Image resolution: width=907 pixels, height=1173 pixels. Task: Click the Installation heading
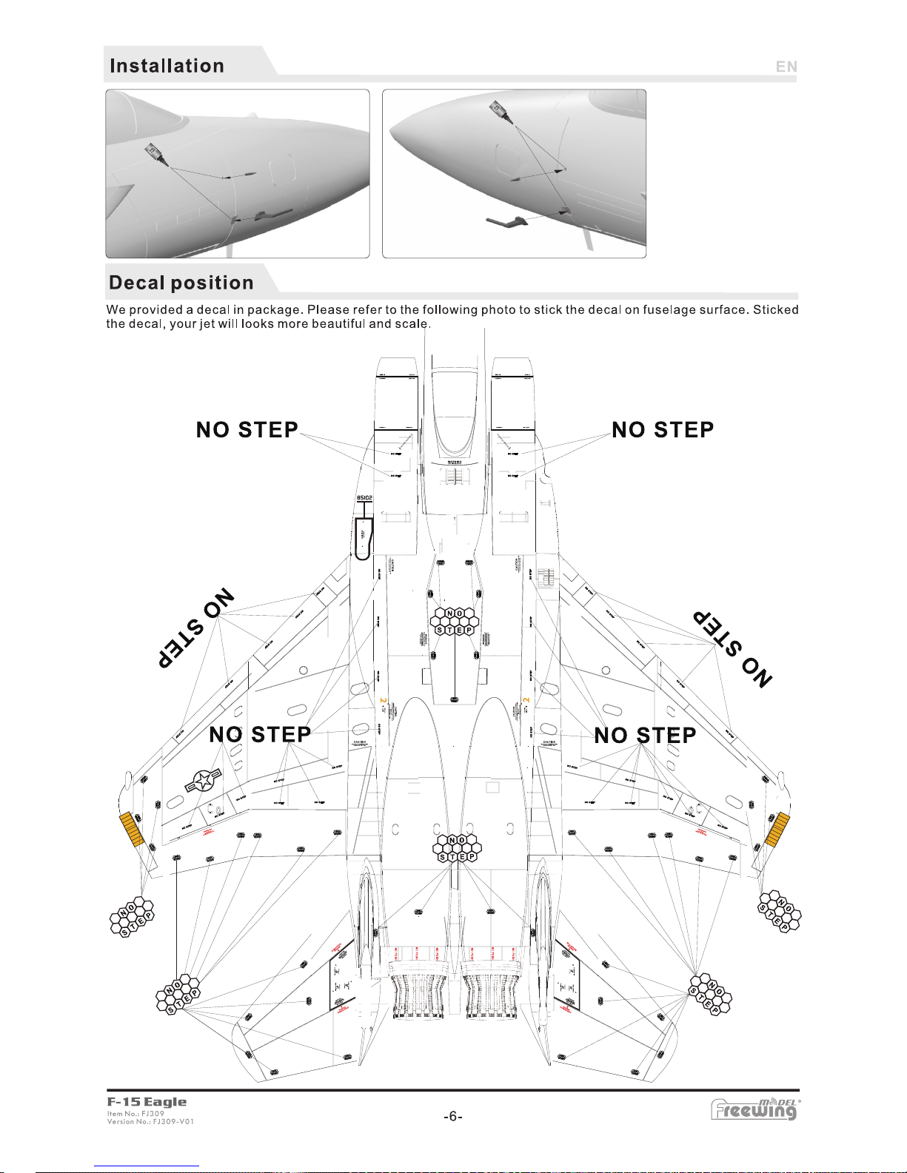(x=167, y=66)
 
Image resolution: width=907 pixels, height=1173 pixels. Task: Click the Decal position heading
(x=181, y=283)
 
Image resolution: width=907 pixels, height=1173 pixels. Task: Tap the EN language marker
(x=786, y=67)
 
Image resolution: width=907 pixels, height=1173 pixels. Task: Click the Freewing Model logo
(x=755, y=1109)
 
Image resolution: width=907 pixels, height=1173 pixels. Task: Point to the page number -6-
(x=453, y=1117)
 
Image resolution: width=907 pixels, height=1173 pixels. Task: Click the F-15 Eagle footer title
(x=147, y=1102)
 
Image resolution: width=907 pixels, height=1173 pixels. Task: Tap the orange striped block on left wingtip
(x=132, y=829)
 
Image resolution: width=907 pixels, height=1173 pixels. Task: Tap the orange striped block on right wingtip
(x=777, y=829)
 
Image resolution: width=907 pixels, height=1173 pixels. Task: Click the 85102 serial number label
(x=364, y=498)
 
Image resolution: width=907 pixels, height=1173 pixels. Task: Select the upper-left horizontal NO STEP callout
(x=247, y=430)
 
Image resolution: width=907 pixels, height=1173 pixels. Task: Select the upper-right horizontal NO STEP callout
(x=663, y=430)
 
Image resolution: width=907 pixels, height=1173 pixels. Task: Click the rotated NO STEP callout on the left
(x=196, y=628)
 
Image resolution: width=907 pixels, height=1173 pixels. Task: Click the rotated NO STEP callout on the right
(x=732, y=649)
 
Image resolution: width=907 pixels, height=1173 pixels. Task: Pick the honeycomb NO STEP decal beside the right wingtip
(x=778, y=911)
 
